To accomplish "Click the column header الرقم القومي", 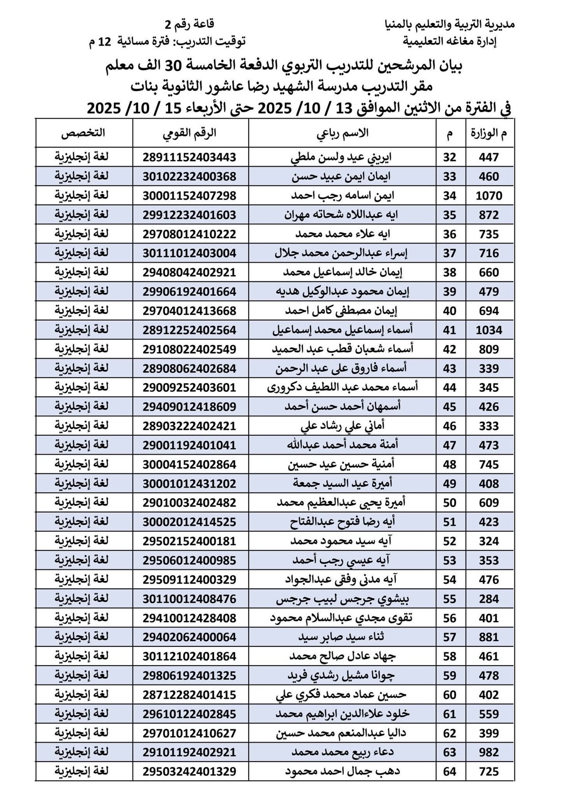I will (191, 133).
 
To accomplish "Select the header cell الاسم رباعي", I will (342, 133).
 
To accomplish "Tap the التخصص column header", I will (83, 133).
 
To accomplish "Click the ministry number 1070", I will (489, 196).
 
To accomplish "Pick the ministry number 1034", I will (489, 330).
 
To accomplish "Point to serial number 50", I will (449, 503).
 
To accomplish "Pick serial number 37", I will (449, 253).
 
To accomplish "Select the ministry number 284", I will (489, 599).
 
